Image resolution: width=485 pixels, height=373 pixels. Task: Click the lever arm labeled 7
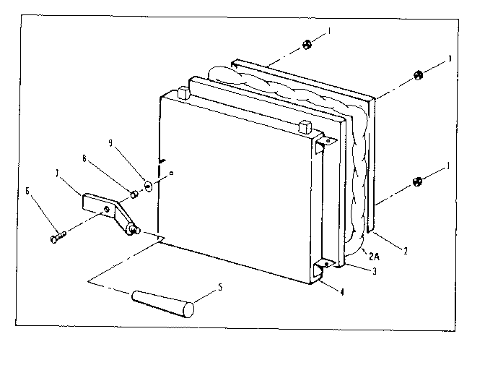click(x=108, y=210)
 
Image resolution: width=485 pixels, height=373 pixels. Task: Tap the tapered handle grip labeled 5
click(x=163, y=300)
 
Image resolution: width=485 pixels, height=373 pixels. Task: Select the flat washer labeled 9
click(x=148, y=185)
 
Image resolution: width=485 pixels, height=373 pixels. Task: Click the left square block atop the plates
click(x=182, y=92)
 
